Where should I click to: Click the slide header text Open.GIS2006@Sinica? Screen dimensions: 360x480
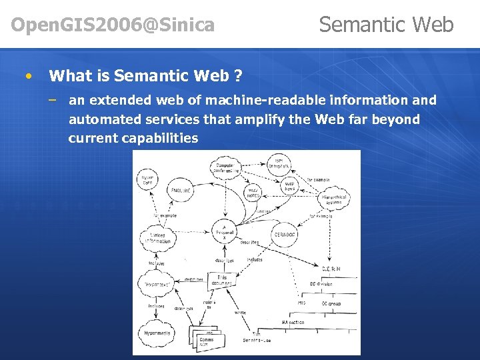point(113,25)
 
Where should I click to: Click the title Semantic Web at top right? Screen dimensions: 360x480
point(386,25)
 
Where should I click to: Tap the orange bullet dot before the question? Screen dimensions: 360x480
point(27,76)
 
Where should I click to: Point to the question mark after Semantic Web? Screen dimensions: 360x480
point(238,76)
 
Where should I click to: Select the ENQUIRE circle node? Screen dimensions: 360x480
point(182,191)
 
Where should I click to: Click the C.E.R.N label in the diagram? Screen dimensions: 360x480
point(331,268)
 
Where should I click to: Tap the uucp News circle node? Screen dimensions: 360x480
point(290,185)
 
